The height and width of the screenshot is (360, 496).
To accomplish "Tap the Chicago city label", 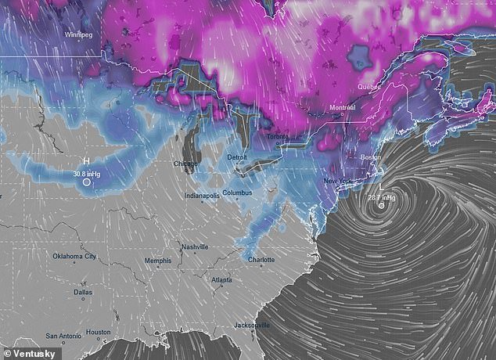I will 186,164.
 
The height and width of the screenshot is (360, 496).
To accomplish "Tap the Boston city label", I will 371,158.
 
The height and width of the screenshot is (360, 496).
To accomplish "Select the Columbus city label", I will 237,192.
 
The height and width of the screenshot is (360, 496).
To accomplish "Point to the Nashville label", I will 195,247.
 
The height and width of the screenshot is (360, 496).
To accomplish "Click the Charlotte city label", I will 262,260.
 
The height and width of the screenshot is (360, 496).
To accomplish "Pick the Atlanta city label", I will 221,279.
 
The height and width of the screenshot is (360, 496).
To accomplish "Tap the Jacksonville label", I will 253,325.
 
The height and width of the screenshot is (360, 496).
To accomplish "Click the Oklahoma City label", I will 74,257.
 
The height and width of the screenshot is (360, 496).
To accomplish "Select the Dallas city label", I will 82,292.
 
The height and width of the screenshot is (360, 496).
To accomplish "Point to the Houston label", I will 98,333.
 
